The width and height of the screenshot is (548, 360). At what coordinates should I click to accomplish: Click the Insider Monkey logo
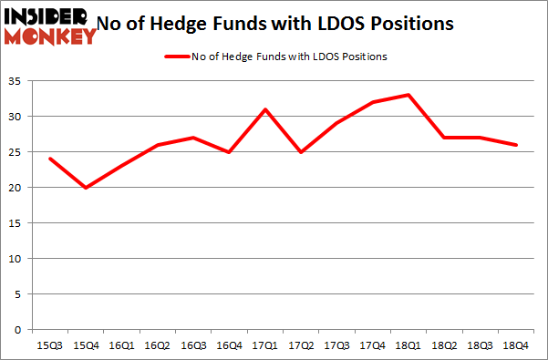pyautogui.click(x=49, y=26)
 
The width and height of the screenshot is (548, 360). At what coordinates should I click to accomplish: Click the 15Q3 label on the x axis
pyautogui.click(x=51, y=346)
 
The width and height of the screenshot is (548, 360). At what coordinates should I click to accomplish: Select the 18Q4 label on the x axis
pyautogui.click(x=516, y=346)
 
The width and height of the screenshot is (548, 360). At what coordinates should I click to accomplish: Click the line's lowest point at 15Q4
pyautogui.click(x=87, y=188)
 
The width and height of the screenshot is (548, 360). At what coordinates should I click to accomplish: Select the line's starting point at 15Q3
pyautogui.click(x=51, y=159)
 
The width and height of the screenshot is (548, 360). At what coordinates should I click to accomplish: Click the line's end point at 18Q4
pyautogui.click(x=516, y=145)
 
